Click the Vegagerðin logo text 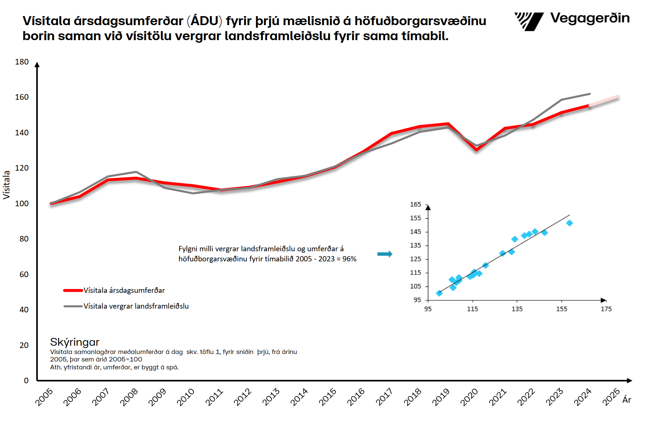[x=589, y=18]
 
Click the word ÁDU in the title [x=204, y=21]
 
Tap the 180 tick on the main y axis [x=22, y=62]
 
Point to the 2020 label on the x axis [x=469, y=397]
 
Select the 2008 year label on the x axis [x=129, y=397]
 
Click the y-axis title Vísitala [x=6, y=184]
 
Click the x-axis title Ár [x=627, y=400]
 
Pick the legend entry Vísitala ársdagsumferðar [x=124, y=290]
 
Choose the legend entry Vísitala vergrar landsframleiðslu [x=136, y=306]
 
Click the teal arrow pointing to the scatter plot [x=385, y=254]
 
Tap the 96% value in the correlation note [x=349, y=259]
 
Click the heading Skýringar [x=75, y=342]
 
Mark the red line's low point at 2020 [x=476, y=150]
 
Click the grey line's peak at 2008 [x=136, y=172]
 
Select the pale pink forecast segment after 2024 [x=604, y=101]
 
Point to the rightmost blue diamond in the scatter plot [x=569, y=223]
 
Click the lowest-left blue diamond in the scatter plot [x=439, y=293]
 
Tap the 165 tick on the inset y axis [x=415, y=204]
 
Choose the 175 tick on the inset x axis [x=606, y=309]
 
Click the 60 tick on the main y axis [x=24, y=274]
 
